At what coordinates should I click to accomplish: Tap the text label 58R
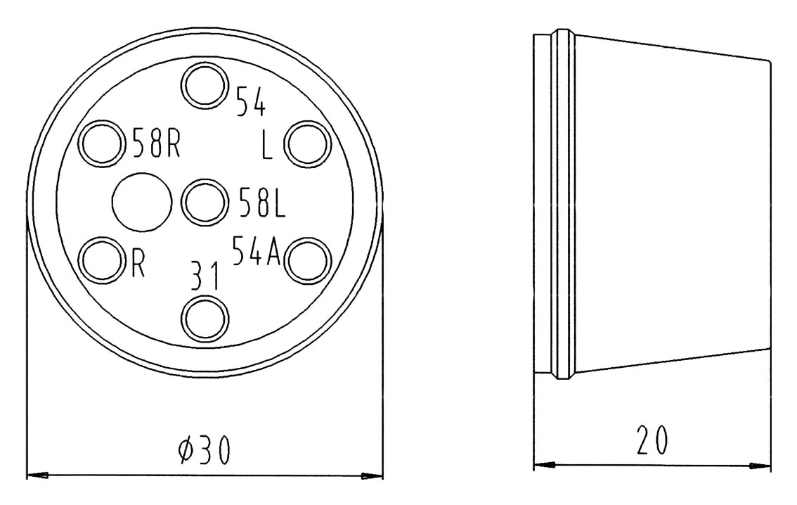point(156,143)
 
